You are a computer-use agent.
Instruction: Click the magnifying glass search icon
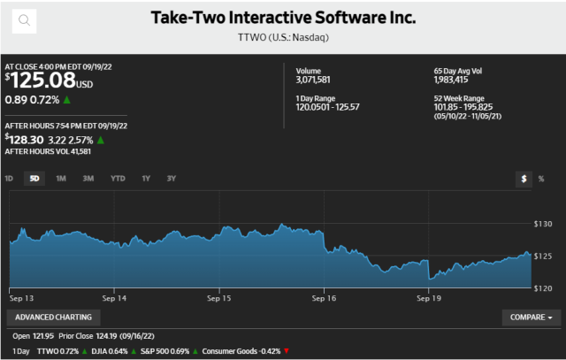pos(24,19)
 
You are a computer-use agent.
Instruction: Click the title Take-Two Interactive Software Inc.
pos(283,18)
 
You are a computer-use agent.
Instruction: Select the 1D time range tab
pos(9,178)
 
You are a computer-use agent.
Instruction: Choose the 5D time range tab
pos(34,178)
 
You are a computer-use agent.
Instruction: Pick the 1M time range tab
pos(61,178)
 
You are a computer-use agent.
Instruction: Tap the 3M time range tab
pos(88,178)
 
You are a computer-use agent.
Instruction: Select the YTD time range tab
pos(118,178)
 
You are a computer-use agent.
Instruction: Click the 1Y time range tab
pos(146,178)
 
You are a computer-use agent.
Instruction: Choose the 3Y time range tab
pos(172,178)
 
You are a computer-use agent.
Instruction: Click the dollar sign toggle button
pos(524,178)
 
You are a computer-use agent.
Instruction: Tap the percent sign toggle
pos(540,178)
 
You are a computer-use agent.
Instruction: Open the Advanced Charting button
pos(53,317)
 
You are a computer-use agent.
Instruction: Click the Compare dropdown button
pos(531,317)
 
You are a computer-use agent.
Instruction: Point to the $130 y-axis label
pos(543,224)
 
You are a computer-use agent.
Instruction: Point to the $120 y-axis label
pos(543,288)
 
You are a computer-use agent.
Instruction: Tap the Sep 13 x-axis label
pos(23,299)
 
